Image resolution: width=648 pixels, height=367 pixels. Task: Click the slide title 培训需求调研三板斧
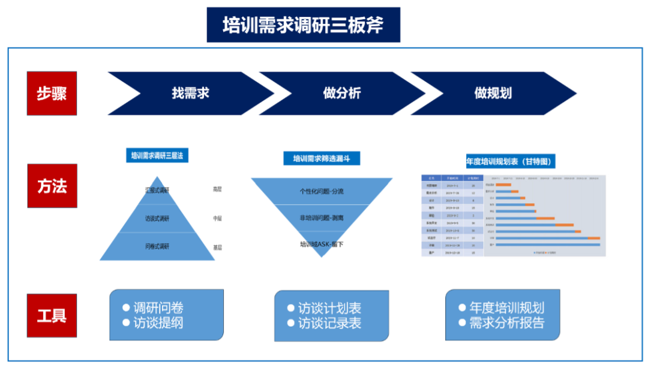303,25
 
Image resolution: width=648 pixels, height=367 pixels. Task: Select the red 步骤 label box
52,93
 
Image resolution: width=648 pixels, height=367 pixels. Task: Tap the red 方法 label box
52,186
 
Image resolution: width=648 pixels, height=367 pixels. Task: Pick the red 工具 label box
52,315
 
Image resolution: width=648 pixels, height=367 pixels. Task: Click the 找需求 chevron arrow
190,93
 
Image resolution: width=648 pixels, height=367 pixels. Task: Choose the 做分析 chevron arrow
341,93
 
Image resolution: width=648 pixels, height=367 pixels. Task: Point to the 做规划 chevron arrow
493,93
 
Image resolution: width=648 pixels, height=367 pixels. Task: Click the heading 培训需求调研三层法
157,156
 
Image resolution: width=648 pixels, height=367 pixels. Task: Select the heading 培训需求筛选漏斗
322,159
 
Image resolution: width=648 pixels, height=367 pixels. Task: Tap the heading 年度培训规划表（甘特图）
510,162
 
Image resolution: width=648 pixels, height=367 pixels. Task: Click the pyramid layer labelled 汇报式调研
157,190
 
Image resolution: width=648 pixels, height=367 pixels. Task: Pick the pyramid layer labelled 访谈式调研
157,219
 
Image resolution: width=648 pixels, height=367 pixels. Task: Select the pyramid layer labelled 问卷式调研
157,246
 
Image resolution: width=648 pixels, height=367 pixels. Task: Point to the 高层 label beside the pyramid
217,190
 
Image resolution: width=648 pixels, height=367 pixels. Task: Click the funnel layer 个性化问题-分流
322,192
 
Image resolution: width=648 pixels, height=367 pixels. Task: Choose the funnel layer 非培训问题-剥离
322,218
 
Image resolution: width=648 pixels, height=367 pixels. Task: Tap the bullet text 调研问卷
158,308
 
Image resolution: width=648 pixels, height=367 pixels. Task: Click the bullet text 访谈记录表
329,323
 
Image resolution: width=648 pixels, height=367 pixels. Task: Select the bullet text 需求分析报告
506,323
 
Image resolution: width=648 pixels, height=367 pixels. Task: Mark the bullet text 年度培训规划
506,308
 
